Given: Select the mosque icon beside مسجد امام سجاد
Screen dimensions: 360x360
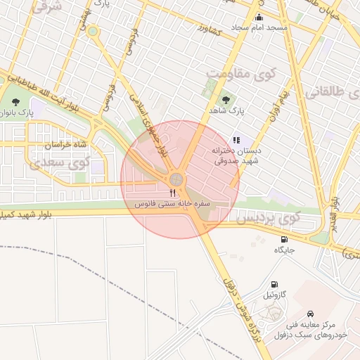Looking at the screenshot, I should (259, 18).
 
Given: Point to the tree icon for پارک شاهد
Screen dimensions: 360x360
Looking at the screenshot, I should (226, 100).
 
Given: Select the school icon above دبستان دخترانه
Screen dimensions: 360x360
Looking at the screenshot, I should (237, 140).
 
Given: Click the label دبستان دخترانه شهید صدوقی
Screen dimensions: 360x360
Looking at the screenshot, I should (237, 155).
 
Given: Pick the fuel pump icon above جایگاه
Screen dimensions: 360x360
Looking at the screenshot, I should (283, 240).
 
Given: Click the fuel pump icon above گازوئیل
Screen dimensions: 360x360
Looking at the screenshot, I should (274, 285).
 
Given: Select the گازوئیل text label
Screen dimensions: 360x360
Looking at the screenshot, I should (274, 295).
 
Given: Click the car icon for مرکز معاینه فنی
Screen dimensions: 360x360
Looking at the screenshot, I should (310, 314).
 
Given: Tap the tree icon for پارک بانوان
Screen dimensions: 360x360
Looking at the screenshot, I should (15, 102).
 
